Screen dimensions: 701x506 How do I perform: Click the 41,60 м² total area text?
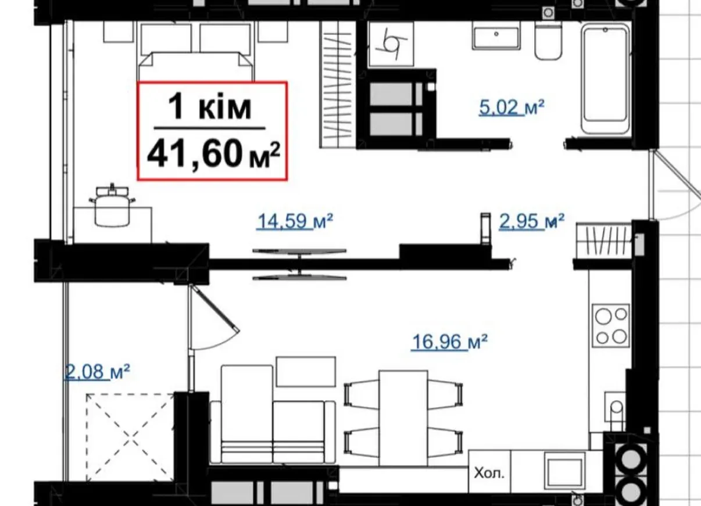tap(213, 154)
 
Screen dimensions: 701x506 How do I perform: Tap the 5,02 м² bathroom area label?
tap(512, 107)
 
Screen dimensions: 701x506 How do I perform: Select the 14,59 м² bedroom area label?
tap(295, 221)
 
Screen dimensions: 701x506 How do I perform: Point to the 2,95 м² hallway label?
tap(532, 221)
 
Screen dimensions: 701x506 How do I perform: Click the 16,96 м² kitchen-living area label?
tap(449, 342)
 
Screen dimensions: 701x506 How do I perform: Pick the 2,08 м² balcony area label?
tap(96, 372)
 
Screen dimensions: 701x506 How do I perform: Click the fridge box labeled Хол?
tap(489, 473)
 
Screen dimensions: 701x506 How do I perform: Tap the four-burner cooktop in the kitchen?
tap(610, 325)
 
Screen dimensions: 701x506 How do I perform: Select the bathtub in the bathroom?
tap(606, 80)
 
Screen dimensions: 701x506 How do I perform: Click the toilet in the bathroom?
tap(548, 41)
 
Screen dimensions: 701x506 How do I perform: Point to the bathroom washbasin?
tap(496, 38)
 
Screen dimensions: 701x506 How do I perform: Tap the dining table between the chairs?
tap(403, 418)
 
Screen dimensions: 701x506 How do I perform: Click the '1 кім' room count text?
tap(210, 107)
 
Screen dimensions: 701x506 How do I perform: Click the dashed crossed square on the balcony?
tap(130, 438)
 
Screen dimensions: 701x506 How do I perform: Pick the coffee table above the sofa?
tap(306, 372)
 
